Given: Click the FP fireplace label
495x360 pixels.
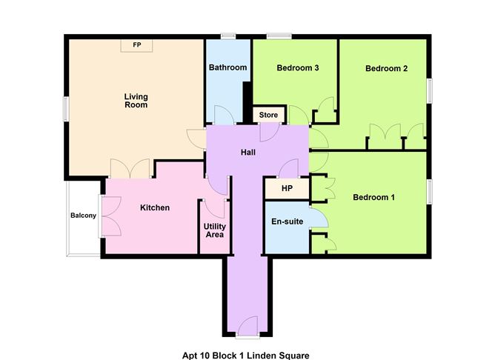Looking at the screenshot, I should [137, 45].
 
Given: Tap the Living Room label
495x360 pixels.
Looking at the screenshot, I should [136, 100].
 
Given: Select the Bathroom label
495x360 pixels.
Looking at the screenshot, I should [227, 67].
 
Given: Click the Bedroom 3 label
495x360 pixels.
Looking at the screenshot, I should [297, 67].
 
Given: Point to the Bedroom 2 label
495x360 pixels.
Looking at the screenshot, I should [386, 69].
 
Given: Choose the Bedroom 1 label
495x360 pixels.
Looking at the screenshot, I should [373, 198].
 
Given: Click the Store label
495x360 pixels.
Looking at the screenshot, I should [268, 115].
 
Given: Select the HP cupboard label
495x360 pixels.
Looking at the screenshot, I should [286, 188].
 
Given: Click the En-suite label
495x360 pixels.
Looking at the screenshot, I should [286, 221].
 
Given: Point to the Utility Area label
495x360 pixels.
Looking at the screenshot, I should [214, 230].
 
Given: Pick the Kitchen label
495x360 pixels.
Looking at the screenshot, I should [155, 207].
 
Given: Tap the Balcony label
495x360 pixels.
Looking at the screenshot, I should [83, 216].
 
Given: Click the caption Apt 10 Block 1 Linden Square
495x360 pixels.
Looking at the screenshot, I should [245, 355].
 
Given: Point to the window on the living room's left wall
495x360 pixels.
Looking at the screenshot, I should [66, 108].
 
